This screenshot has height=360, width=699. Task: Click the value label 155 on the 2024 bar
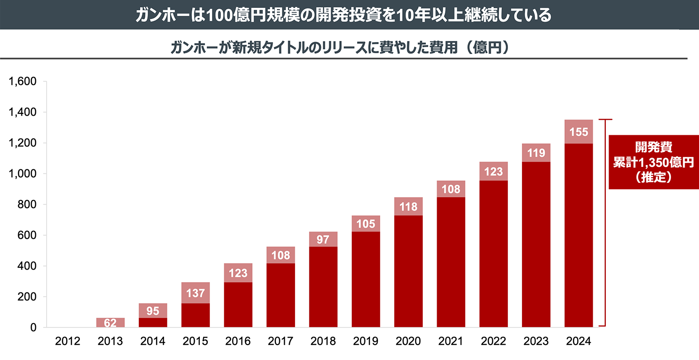click(x=578, y=132)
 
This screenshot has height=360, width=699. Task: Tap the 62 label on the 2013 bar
click(x=110, y=322)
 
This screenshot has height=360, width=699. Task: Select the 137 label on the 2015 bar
click(x=196, y=293)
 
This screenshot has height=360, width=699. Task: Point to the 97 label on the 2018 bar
click(x=323, y=239)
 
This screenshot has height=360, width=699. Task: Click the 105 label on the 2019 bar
click(x=366, y=224)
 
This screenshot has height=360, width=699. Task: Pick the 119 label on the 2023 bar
click(x=536, y=152)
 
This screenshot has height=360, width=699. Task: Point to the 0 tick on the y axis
click(x=33, y=327)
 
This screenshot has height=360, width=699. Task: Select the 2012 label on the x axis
click(x=68, y=341)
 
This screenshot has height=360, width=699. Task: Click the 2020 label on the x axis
click(x=409, y=341)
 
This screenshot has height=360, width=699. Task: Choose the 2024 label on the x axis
click(x=579, y=341)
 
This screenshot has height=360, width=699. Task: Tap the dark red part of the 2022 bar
click(x=493, y=254)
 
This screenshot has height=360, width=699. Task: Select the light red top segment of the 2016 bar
click(x=238, y=273)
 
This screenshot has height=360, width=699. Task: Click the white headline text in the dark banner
click(x=343, y=15)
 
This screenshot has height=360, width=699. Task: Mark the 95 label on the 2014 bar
click(x=153, y=311)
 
